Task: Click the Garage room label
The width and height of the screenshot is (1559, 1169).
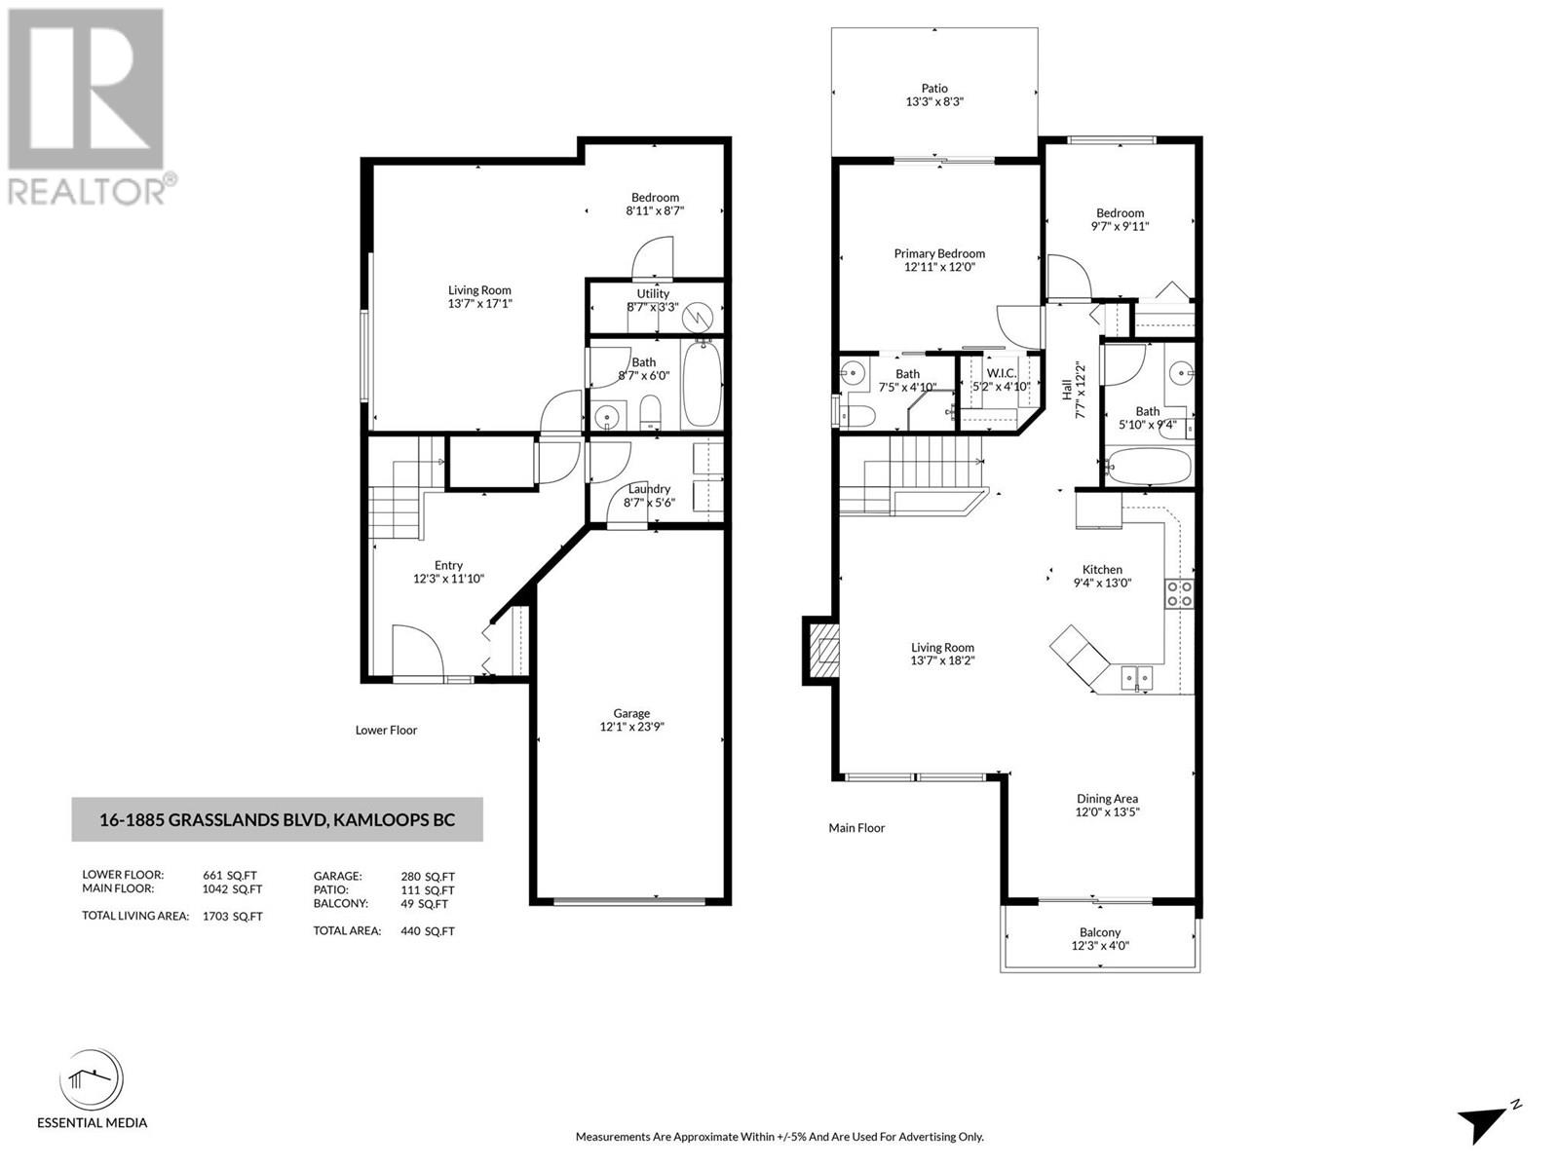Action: coord(631,713)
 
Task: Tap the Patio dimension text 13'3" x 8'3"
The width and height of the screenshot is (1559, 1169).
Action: coord(934,101)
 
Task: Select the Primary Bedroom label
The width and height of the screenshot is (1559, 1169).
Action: coord(939,253)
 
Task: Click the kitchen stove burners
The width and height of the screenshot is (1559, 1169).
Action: coord(1178,593)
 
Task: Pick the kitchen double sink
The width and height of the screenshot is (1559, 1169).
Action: coord(1137,678)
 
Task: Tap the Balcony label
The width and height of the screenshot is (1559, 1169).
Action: coord(1099,932)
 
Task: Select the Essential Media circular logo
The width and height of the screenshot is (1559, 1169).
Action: coord(92,1079)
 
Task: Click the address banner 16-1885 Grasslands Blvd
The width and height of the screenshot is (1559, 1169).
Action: coord(277,820)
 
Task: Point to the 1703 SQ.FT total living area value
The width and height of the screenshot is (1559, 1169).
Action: coord(232,917)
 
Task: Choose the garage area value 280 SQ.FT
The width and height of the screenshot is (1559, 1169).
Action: coord(427,877)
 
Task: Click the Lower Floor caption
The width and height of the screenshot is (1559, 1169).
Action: coord(387,730)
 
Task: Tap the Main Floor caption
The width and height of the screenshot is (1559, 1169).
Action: coord(856,828)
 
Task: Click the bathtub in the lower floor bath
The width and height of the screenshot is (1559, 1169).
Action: coord(701,384)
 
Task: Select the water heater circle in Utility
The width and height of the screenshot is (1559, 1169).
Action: coord(699,318)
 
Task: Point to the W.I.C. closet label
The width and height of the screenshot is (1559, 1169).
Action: coord(1001,373)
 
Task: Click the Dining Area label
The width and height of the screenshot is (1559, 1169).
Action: coord(1107,799)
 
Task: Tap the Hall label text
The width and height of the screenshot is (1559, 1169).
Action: coord(1067,390)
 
